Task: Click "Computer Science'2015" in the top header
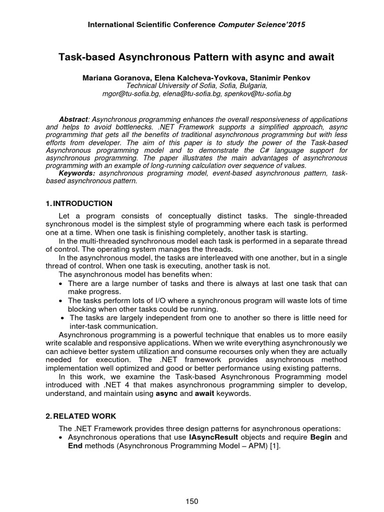pos(262,23)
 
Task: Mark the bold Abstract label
pos(73,119)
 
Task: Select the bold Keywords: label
pos(77,173)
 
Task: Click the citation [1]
pos(275,446)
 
